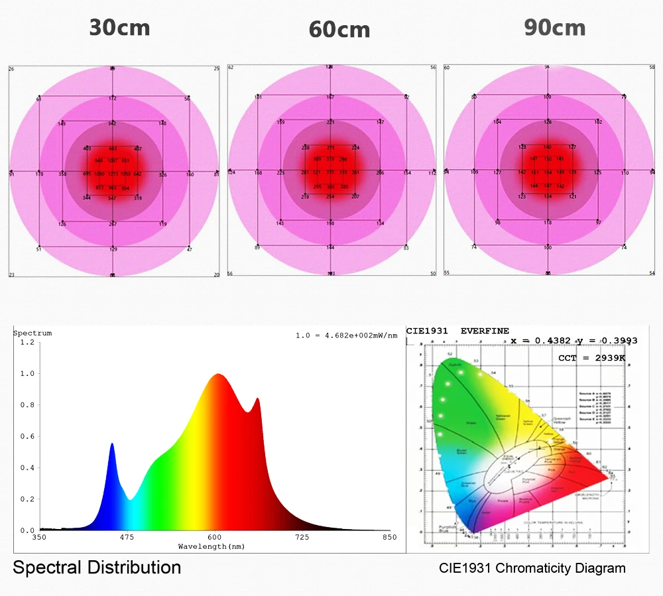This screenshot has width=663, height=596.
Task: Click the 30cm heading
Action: (120, 28)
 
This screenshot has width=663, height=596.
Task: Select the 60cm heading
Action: (339, 30)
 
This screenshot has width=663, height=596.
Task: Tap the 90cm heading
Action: (554, 28)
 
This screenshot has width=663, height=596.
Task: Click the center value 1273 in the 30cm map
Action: (113, 174)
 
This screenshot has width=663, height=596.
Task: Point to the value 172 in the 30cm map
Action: (113, 98)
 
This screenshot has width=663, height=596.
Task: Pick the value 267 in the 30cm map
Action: (113, 224)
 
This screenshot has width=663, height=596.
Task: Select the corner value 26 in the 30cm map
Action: (11, 69)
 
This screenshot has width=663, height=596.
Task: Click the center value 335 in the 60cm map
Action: (330, 172)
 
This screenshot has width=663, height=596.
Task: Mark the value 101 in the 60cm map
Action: (258, 98)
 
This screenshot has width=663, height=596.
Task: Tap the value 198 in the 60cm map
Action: (330, 223)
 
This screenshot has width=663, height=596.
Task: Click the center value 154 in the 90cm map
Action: (548, 172)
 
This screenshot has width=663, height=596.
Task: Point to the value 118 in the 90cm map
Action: (548, 223)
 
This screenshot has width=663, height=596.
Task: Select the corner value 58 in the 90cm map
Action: (652, 68)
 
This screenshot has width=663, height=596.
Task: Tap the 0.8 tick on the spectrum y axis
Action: (27, 405)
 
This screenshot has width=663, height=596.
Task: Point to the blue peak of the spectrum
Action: (112, 444)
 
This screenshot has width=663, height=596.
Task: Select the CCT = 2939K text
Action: (592, 358)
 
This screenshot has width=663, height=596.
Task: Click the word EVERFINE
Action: (485, 330)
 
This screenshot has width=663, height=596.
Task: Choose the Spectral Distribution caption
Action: (97, 567)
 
